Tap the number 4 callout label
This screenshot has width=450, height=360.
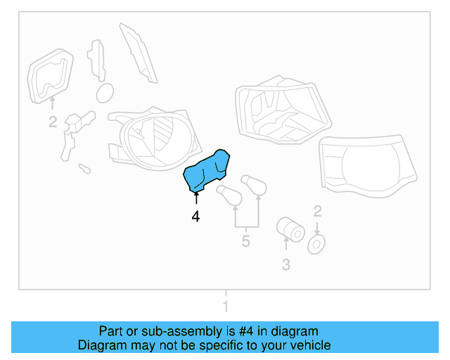195,218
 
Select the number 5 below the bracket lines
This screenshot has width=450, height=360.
245,242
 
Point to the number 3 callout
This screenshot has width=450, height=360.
285,265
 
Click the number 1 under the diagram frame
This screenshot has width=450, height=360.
226,306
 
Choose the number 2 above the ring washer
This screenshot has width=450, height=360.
317,211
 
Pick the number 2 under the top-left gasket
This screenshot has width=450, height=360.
53,122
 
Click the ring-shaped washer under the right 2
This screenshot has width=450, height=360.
317,244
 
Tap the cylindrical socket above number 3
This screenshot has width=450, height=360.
288,228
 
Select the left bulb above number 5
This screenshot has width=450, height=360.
229,196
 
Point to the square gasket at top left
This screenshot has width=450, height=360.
51,76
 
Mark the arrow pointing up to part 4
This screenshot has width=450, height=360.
195,198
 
